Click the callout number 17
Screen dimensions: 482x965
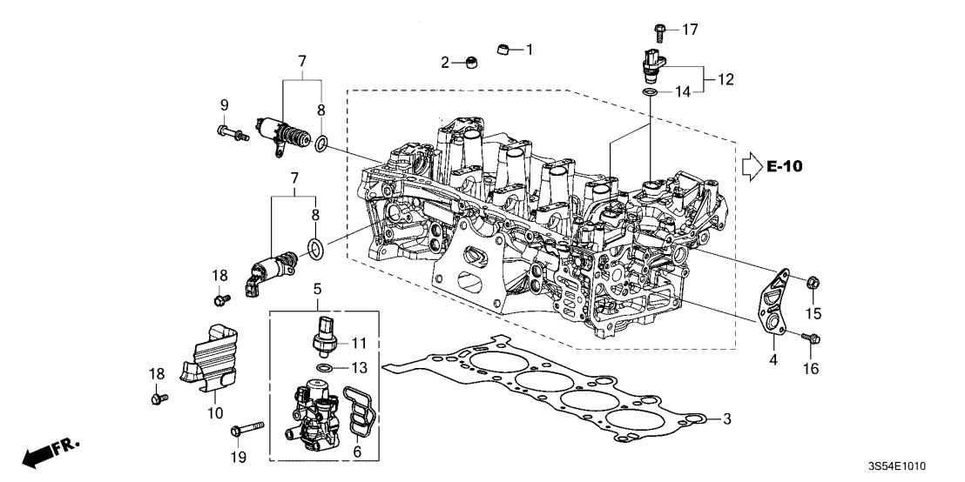pyautogui.click(x=690, y=30)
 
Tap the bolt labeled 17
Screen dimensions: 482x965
pyautogui.click(x=659, y=32)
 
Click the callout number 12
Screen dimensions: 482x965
pyautogui.click(x=725, y=79)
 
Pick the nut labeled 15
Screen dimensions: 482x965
pyautogui.click(x=811, y=281)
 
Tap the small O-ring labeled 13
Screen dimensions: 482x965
pyautogui.click(x=324, y=368)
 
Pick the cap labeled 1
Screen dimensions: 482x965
pyautogui.click(x=503, y=49)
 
